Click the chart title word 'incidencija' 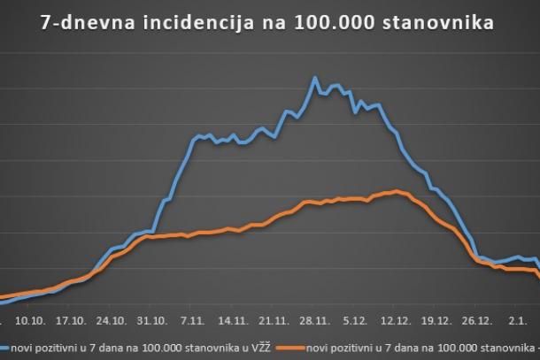point(210,23)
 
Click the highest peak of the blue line point(315,78)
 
